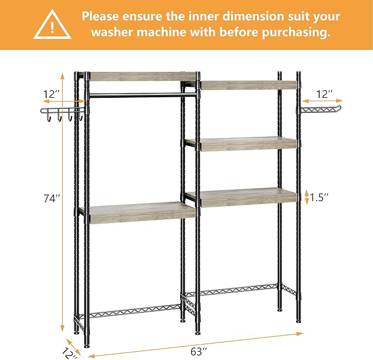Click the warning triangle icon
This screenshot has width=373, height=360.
[x=52, y=25]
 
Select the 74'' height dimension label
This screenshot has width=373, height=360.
[x=52, y=198]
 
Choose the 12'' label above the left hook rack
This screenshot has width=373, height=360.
[x=53, y=94]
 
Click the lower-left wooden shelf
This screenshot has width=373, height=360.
[x=135, y=213]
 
